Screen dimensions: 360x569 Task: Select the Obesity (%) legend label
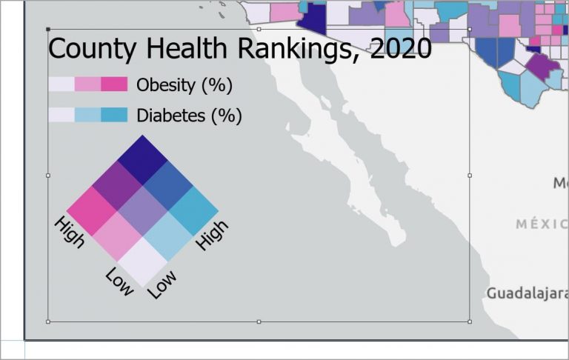184,85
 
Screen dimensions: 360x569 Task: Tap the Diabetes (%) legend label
189,116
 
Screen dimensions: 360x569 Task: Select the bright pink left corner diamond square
92,210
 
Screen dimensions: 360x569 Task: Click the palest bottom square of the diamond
143,261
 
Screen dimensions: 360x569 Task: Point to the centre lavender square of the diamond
143,210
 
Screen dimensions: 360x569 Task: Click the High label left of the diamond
70,232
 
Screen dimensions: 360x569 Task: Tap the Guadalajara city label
526,293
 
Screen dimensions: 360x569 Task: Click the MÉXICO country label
542,223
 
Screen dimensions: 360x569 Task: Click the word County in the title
92,49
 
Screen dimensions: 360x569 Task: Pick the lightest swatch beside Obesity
61,84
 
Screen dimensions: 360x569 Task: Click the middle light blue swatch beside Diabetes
87,114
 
